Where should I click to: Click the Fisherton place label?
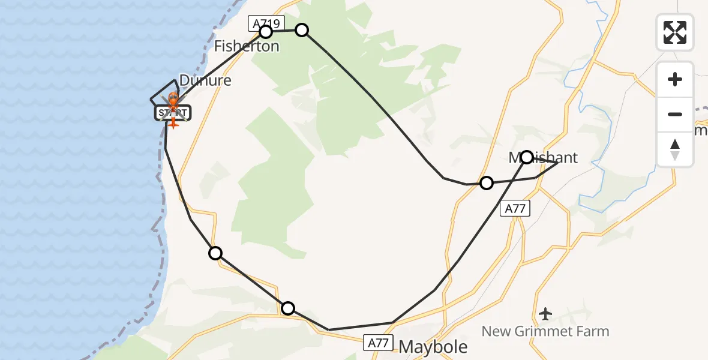247,46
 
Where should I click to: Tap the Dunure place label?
205,80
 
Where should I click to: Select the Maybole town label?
433,346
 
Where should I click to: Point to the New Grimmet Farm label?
545,331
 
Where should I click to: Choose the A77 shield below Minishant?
516,209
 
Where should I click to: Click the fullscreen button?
675,32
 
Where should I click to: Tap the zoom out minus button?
675,114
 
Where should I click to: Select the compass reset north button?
675,149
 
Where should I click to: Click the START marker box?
173,112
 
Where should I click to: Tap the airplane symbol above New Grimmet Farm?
545,313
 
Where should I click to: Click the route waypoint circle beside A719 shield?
266,32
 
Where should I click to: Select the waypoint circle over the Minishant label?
527,157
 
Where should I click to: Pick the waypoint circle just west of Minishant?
487,182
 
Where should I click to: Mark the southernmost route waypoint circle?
288,308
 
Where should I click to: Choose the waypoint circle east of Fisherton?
302,30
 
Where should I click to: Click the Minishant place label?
543,158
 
